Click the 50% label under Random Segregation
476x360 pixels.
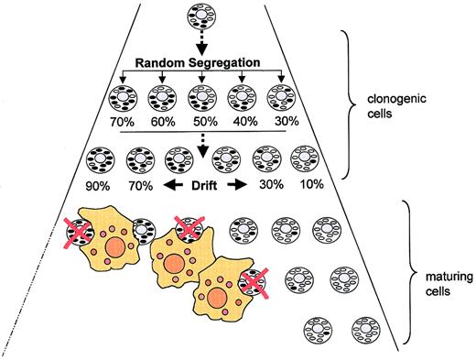click(201, 118)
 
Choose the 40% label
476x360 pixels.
click(243, 118)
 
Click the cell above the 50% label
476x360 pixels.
click(201, 94)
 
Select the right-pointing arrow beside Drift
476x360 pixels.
click(240, 184)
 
